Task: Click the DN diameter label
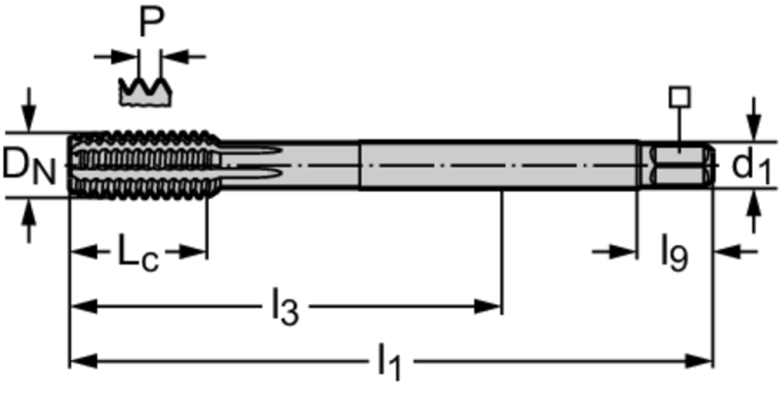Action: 29,165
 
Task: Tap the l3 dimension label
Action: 285,307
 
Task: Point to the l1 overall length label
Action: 389,362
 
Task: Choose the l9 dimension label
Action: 675,253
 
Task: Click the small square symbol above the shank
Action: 680,97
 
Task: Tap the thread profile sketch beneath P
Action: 144,91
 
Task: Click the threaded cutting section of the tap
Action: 144,165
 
